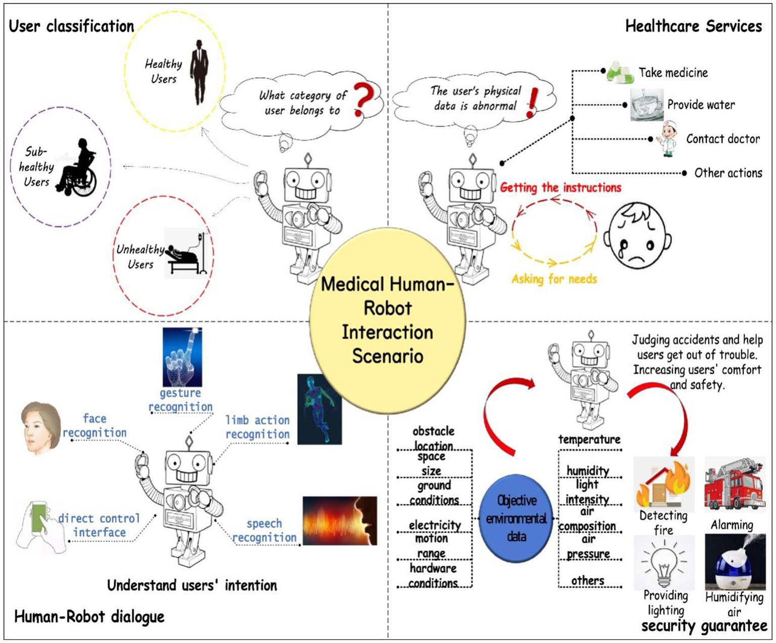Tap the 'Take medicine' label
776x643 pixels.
coord(673,73)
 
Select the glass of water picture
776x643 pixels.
coord(646,105)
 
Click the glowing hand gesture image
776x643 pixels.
coord(182,357)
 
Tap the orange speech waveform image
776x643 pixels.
coord(340,521)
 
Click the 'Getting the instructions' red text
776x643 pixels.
coord(560,188)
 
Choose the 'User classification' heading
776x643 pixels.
coord(71,26)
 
